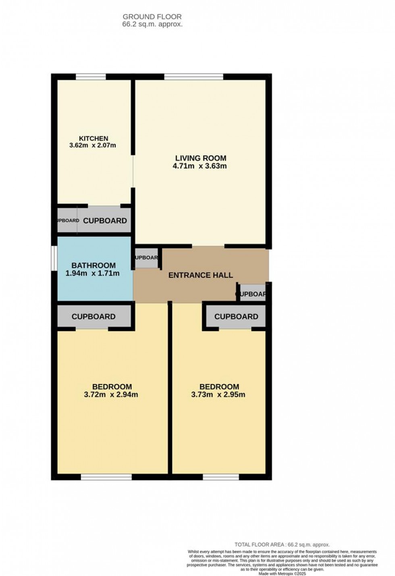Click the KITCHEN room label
point(94,138)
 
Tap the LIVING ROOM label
point(200,158)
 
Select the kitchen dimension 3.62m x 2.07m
point(93,145)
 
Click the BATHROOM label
point(94,265)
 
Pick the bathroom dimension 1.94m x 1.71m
point(92,273)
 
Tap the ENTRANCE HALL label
point(200,275)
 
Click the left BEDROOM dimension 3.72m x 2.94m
point(111,394)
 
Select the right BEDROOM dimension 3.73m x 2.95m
point(218,394)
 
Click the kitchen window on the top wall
point(91,77)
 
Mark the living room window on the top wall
point(193,77)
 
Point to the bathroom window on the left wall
point(54,258)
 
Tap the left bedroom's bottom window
point(106,477)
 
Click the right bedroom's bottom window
point(220,477)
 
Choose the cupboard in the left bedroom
point(94,317)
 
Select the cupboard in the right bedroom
point(236,317)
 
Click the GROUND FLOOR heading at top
point(152,17)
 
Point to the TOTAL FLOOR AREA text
point(282,545)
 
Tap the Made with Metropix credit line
point(282,574)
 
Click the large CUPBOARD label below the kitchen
point(105,221)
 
